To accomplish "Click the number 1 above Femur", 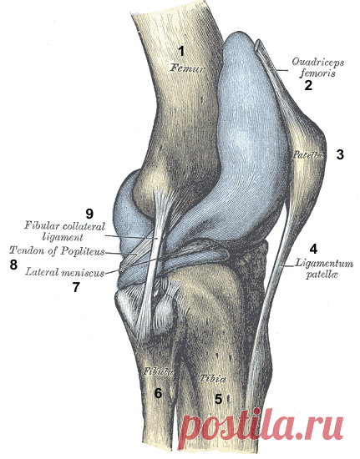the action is tap(181, 52).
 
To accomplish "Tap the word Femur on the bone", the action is tap(187, 68).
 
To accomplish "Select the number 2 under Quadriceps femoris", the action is tap(308, 85).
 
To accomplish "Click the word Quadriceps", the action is tap(318, 62).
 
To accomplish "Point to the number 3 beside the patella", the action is tap(340, 154).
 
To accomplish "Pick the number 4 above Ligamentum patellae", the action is tap(313, 250).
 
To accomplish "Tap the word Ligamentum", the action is tap(324, 264).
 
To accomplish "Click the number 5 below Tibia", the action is tap(219, 398).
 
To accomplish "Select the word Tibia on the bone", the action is tap(213, 379).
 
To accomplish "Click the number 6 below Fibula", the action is tap(158, 393).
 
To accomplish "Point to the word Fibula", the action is tap(158, 371).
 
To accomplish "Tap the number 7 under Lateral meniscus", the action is tap(76, 287).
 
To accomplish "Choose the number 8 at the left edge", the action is tap(13, 265).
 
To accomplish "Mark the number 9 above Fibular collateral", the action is tap(89, 214).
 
